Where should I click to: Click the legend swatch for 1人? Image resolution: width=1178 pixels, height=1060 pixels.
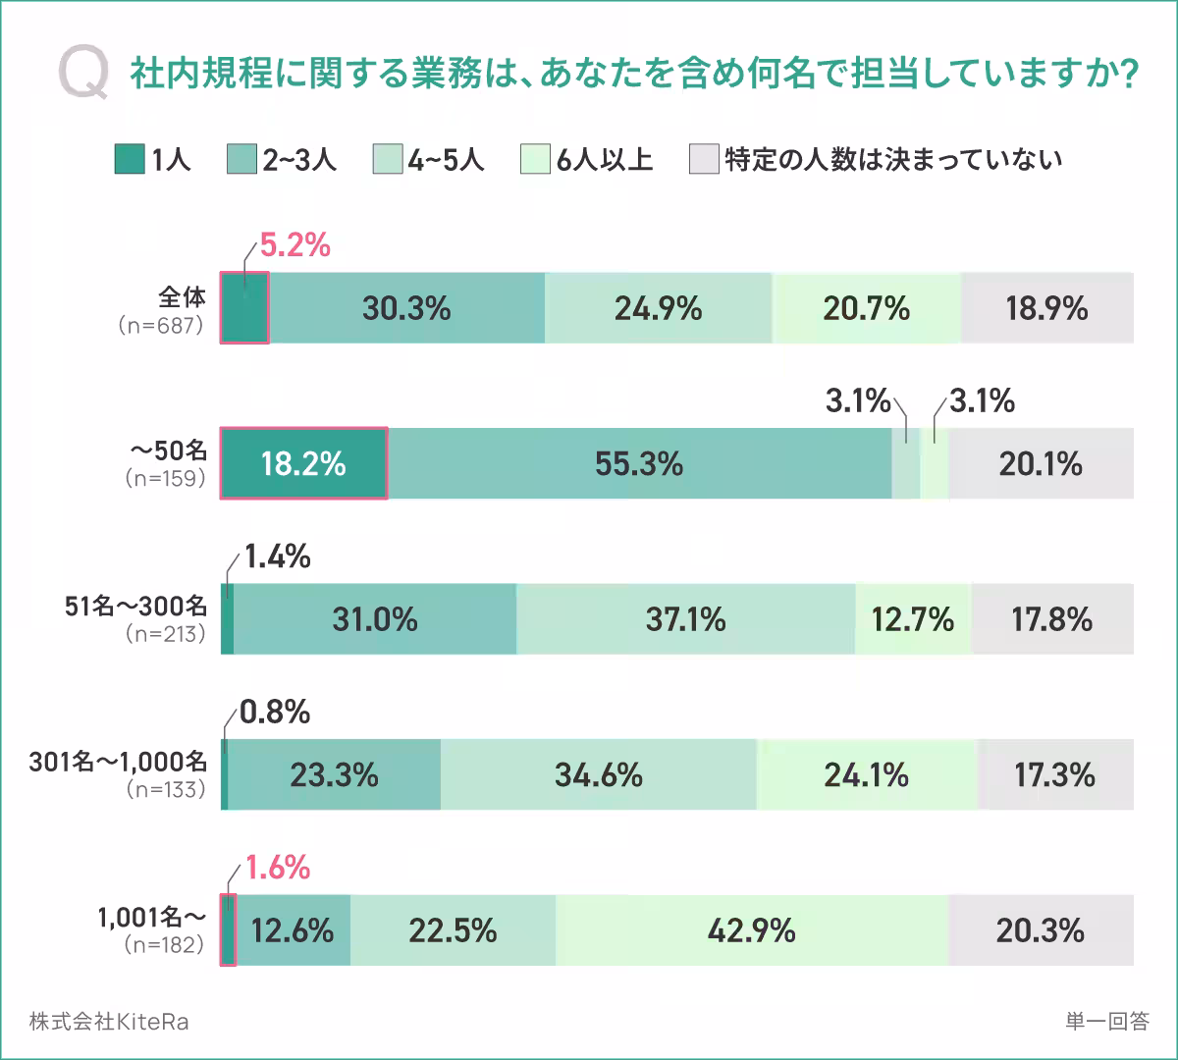[129, 159]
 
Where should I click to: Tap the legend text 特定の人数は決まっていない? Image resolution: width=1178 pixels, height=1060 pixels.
[892, 159]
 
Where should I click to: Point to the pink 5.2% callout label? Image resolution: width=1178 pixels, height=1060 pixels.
[294, 245]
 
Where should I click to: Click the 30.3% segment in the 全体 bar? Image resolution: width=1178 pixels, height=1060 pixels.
[406, 309]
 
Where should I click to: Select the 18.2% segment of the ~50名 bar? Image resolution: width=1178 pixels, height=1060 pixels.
[303, 464]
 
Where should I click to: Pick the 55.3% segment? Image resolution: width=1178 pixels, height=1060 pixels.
[639, 464]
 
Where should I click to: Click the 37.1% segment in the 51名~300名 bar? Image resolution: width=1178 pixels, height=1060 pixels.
[685, 619]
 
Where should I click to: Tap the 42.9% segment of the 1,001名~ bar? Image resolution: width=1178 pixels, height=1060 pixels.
[751, 930]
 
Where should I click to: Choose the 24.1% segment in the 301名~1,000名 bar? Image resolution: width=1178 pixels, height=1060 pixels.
[866, 775]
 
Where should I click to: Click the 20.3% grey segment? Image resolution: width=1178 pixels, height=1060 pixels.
[1040, 930]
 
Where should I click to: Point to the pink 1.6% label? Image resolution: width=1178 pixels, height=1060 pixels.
[277, 868]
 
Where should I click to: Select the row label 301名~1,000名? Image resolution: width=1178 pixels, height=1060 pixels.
[118, 762]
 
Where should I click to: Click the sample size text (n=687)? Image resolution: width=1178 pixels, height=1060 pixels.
[161, 325]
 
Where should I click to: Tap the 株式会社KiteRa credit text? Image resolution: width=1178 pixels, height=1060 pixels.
[109, 1022]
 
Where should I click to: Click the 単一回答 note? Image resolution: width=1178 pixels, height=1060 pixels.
[1106, 1022]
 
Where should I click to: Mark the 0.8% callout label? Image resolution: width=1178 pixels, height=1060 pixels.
[275, 713]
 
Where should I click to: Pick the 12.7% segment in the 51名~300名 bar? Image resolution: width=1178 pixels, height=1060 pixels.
[912, 619]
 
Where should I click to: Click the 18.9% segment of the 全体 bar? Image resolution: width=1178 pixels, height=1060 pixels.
[1046, 309]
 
